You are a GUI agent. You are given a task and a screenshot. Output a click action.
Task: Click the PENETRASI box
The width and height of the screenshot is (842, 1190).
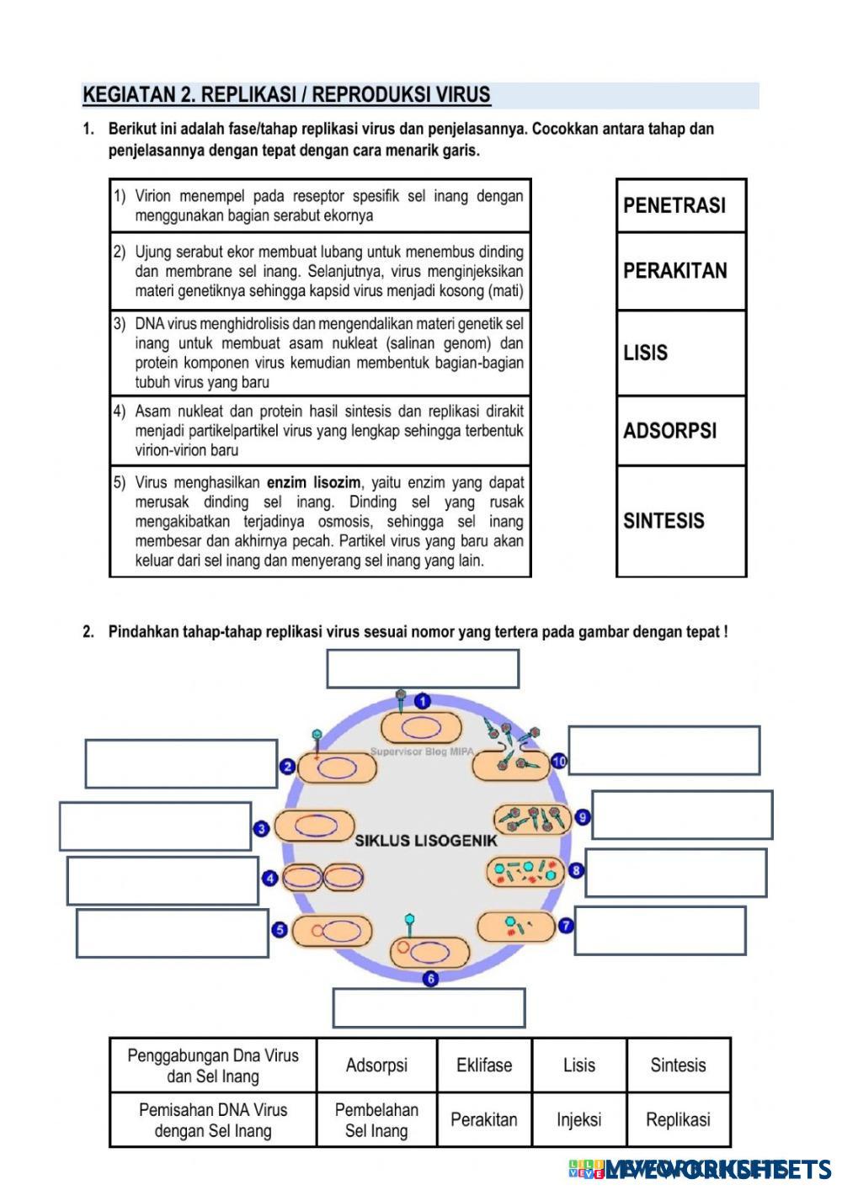(x=680, y=205)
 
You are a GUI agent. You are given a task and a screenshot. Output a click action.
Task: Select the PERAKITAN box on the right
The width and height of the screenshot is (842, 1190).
(x=680, y=271)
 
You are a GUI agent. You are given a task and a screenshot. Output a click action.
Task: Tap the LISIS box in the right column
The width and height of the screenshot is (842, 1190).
(x=680, y=353)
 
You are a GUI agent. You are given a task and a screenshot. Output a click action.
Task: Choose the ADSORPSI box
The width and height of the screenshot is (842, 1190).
(x=680, y=430)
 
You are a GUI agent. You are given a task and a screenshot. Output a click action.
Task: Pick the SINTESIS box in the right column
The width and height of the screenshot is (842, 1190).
(x=680, y=520)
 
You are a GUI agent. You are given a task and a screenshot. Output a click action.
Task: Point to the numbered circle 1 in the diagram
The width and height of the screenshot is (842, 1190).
(x=423, y=701)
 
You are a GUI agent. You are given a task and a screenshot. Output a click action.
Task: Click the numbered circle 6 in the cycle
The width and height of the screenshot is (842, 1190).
(x=431, y=978)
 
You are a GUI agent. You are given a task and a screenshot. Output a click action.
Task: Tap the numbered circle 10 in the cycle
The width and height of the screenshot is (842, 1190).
(x=560, y=762)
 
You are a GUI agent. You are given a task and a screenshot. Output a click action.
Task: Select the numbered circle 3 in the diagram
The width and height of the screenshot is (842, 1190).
(x=262, y=829)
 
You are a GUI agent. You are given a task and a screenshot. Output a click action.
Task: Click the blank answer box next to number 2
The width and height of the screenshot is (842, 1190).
(x=181, y=763)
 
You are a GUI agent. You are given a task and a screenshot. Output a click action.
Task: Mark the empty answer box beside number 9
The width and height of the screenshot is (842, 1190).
(x=682, y=815)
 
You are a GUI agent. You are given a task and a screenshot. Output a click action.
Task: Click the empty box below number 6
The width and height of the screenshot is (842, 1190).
(x=429, y=1007)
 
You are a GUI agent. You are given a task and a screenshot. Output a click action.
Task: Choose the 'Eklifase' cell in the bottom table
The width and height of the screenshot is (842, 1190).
(x=484, y=1065)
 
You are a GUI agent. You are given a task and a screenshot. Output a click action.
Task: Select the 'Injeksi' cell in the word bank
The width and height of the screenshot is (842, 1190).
(x=579, y=1120)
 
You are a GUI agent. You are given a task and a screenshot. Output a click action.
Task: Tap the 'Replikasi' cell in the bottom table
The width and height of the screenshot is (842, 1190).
(x=678, y=1120)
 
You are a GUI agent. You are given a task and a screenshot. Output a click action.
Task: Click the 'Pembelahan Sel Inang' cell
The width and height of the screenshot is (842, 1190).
(x=376, y=1120)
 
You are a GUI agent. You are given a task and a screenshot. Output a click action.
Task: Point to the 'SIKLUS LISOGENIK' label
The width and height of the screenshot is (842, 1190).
(x=426, y=840)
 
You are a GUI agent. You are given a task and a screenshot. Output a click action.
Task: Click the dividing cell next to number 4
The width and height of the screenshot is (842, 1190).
(x=322, y=879)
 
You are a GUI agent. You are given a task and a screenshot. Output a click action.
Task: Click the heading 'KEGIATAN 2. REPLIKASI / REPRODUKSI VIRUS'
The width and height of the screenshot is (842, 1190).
(x=286, y=95)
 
